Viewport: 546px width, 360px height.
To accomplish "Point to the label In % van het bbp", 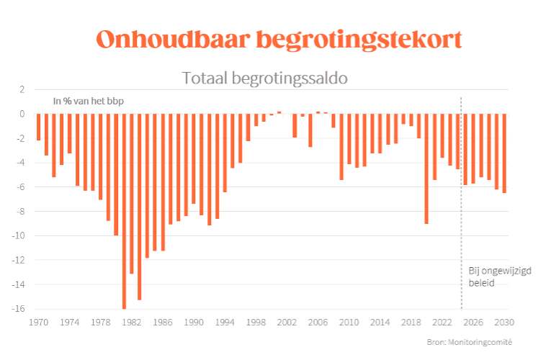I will (x=88, y=102).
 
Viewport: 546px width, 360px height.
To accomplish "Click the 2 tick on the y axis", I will (x=22, y=89).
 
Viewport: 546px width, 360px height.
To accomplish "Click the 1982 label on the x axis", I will (x=131, y=322).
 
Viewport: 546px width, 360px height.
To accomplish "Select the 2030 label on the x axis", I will (x=504, y=322).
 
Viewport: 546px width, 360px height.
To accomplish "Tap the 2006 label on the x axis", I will (x=318, y=322).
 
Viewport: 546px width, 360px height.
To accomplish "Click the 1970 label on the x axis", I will (x=38, y=322).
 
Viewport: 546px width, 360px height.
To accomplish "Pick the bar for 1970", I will (x=38, y=127).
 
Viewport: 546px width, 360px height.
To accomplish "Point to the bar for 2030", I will (x=504, y=153).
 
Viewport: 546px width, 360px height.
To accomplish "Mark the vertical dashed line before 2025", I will (x=461, y=216).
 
